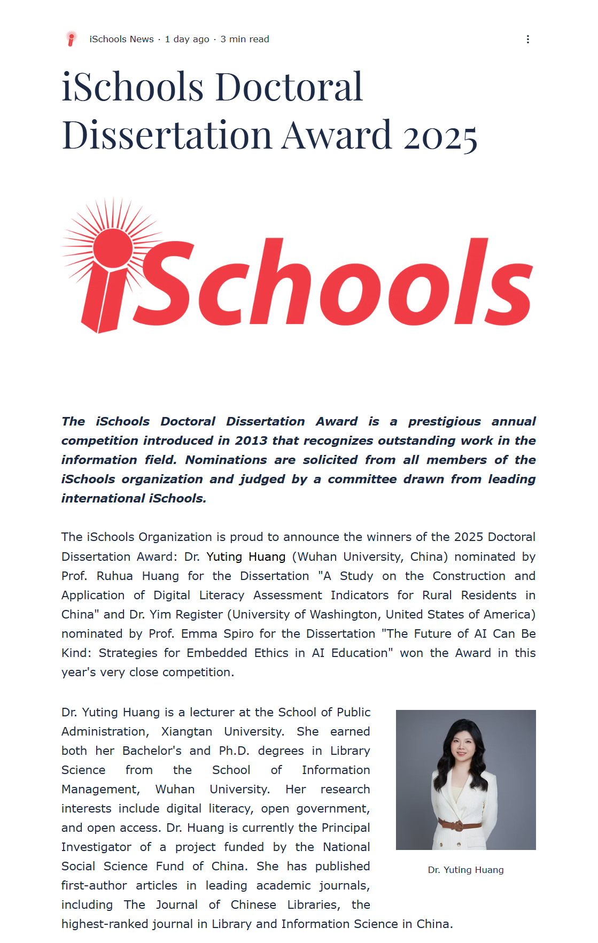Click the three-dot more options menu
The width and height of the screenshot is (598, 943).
(x=527, y=39)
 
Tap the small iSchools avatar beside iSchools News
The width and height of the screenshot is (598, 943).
(x=71, y=39)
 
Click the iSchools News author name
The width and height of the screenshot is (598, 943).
(x=121, y=39)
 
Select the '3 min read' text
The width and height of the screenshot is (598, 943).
(x=245, y=39)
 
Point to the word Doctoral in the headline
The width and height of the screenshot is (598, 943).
(x=289, y=87)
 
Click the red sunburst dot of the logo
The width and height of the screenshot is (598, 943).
(x=113, y=248)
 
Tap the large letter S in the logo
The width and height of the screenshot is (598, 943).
(x=163, y=283)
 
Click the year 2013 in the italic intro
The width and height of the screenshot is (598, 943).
(x=251, y=440)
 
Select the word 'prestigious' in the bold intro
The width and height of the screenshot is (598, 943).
(x=444, y=421)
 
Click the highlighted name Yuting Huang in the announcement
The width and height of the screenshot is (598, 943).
(x=246, y=556)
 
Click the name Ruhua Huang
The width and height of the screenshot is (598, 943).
(x=137, y=576)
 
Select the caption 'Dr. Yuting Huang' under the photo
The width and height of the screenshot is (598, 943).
(x=465, y=870)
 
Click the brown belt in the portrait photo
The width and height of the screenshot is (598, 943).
(x=459, y=824)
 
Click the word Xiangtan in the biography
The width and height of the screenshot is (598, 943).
(x=187, y=731)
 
